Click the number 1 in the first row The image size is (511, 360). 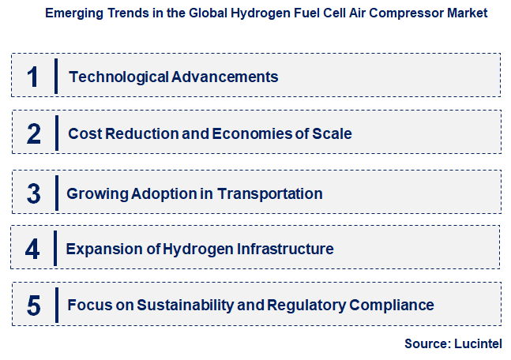click(x=32, y=77)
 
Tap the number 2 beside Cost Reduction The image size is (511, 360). click(x=33, y=133)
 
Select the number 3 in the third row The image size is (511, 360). click(x=33, y=193)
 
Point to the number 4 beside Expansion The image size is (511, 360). click(x=32, y=249)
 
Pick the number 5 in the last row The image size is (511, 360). click(x=33, y=305)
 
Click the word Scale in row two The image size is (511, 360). click(x=332, y=133)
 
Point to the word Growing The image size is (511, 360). click(x=95, y=193)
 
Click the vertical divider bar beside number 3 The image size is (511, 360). click(x=57, y=193)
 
